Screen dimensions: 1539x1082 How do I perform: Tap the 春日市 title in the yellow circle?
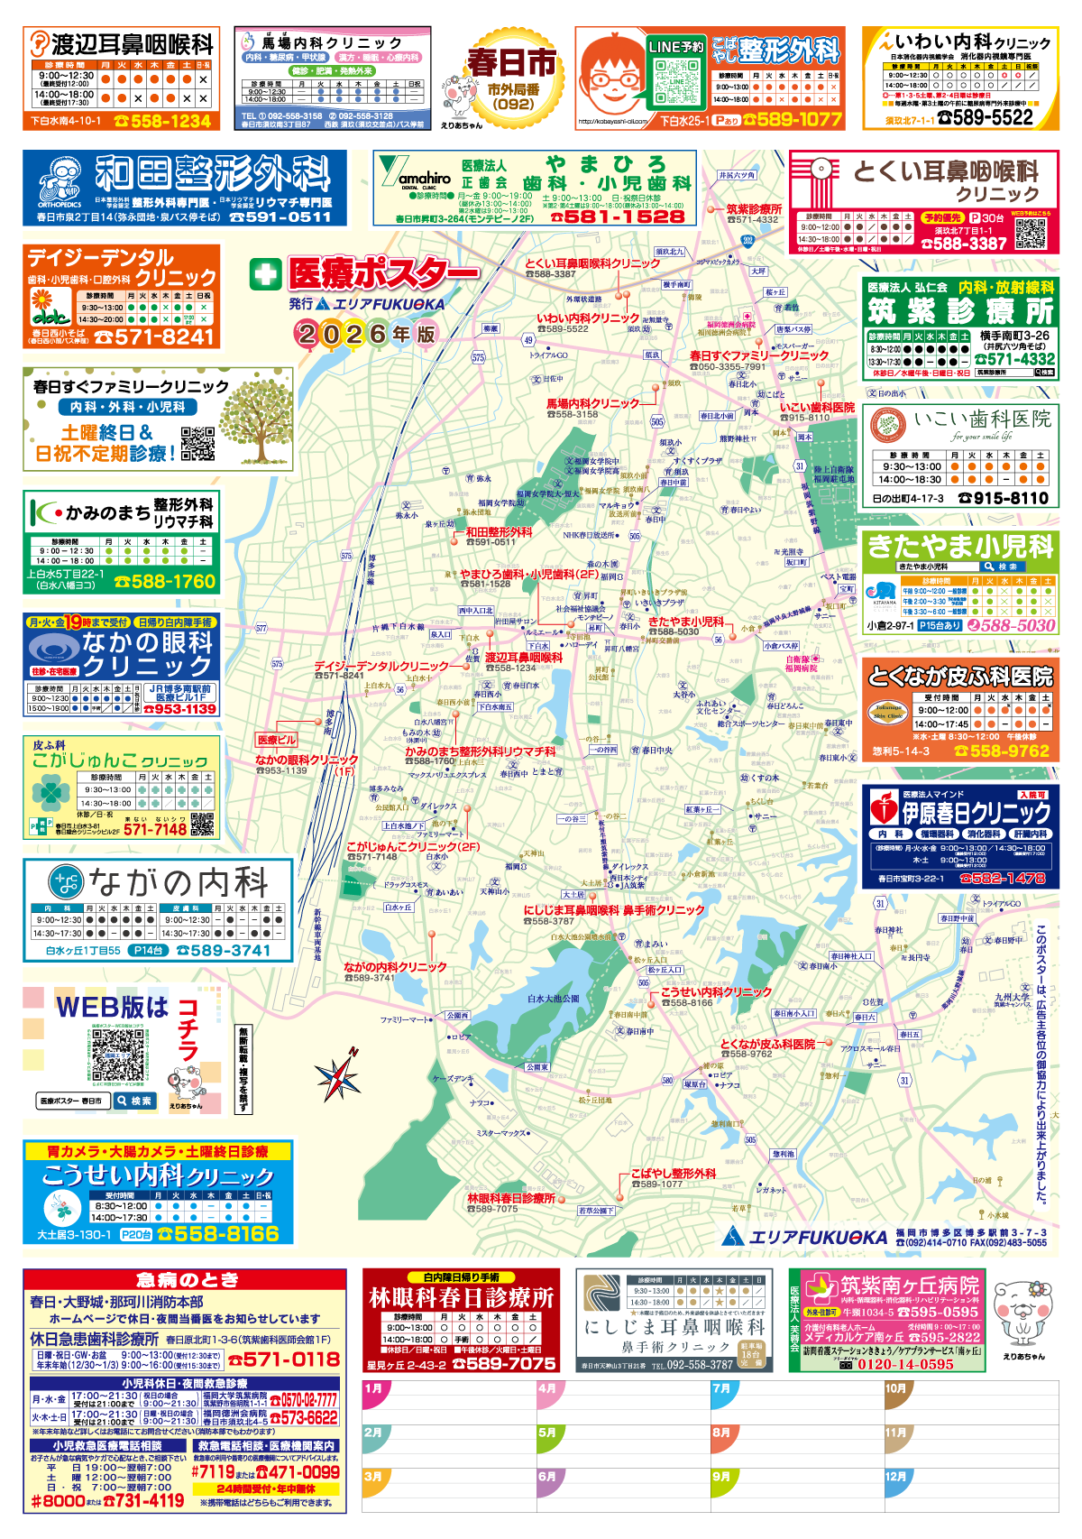[x=511, y=63]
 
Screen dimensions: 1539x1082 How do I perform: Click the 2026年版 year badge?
[x=366, y=334]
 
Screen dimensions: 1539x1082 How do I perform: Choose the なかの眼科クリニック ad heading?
[x=146, y=653]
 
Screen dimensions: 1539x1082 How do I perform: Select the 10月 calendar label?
[x=895, y=1388]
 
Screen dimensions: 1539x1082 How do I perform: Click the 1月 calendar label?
[x=373, y=1388]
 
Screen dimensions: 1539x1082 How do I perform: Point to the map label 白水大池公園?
[x=554, y=999]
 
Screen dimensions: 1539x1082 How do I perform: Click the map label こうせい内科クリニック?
[x=716, y=991]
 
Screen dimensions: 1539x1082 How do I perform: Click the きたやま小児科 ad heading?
[x=959, y=546]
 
